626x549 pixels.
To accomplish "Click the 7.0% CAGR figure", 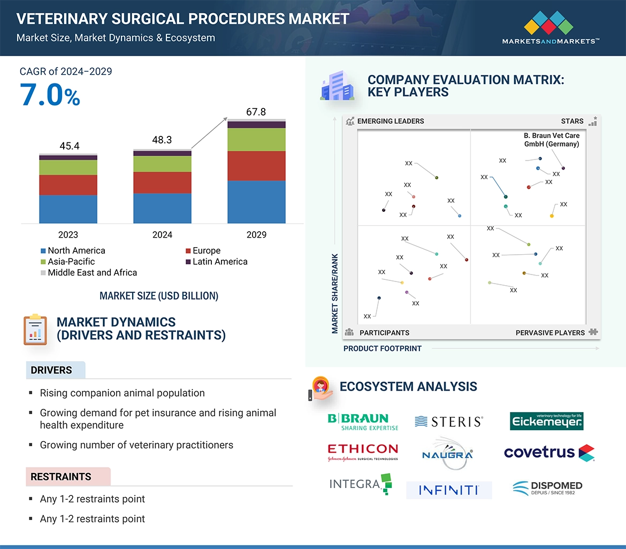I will coord(50,95).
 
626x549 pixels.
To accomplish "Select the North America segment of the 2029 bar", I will coord(256,202).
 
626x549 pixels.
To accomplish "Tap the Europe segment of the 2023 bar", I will coord(68,185).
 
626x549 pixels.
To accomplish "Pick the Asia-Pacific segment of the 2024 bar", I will coord(162,164).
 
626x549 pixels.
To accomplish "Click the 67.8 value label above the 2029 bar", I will coord(256,112).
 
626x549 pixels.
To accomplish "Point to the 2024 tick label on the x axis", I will coord(162,235).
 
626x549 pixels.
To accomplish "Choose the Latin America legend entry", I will coord(216,262).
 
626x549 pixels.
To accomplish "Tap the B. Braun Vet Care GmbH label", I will coord(551,140).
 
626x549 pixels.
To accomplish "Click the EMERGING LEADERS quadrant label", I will coord(390,121).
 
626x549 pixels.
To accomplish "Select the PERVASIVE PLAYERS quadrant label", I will coord(550,333).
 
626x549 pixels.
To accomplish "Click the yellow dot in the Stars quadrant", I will coord(552,216).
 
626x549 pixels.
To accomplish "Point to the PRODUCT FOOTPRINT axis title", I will coord(382,348).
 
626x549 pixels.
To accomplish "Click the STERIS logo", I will coord(449,422).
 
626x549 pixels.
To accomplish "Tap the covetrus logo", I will coord(549,453).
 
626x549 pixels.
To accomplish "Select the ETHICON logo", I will coord(363,452).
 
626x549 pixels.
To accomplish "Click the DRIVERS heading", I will coord(51,370).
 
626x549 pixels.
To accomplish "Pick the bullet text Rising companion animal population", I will coord(122,393).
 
